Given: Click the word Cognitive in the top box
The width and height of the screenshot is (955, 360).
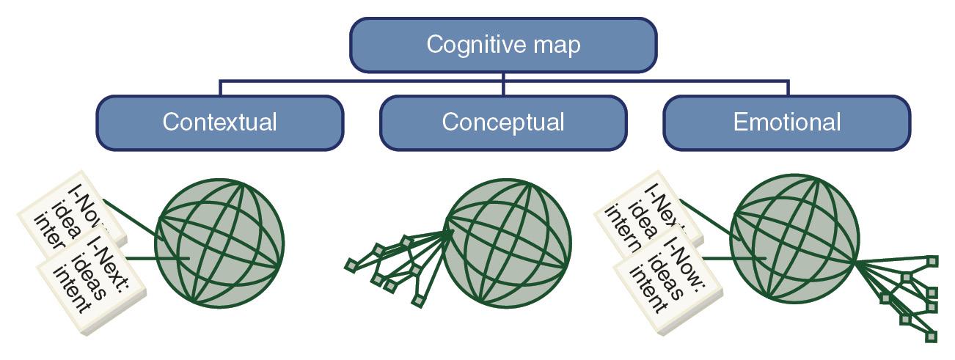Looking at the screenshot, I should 466,45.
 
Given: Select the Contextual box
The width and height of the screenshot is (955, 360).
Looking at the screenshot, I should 219,122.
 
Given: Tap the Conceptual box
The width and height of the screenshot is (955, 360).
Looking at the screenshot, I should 502,122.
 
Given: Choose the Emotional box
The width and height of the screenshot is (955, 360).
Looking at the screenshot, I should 786,122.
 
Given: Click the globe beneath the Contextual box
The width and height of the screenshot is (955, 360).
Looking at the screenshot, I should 219,240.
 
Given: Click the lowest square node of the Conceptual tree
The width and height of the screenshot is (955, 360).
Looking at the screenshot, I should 417,301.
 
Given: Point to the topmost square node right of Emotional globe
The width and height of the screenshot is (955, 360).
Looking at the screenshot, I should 932,260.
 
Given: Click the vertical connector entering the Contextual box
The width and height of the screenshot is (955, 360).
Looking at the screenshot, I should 220,88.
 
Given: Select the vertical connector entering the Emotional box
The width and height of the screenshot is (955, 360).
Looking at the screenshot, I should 788,88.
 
